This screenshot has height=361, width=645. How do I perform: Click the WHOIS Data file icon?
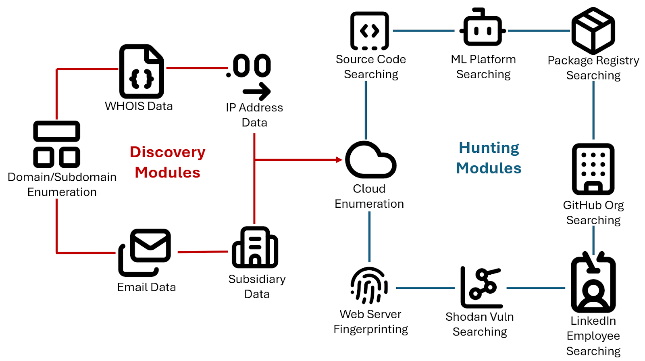(141, 71)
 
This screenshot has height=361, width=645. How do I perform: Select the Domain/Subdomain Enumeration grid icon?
(56, 144)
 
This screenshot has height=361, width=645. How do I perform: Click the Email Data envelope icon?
(145, 252)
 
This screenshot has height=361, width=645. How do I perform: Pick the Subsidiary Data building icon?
(255, 247)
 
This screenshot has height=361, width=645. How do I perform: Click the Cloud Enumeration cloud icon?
(370, 160)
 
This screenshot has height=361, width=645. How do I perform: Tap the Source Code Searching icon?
(369, 31)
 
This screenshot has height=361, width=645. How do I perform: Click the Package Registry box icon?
(593, 31)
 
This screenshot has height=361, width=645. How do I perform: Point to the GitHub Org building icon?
(593, 169)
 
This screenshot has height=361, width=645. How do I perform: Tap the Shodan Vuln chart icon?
(481, 287)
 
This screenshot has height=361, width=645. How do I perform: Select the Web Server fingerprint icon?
(369, 285)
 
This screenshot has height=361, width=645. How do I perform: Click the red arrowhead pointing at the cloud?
(339, 160)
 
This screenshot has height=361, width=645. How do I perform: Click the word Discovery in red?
(168, 152)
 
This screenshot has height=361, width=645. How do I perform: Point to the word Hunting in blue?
(489, 148)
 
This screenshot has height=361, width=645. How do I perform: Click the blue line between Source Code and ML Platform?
(423, 31)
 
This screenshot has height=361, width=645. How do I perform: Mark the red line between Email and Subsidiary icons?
(203, 252)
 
